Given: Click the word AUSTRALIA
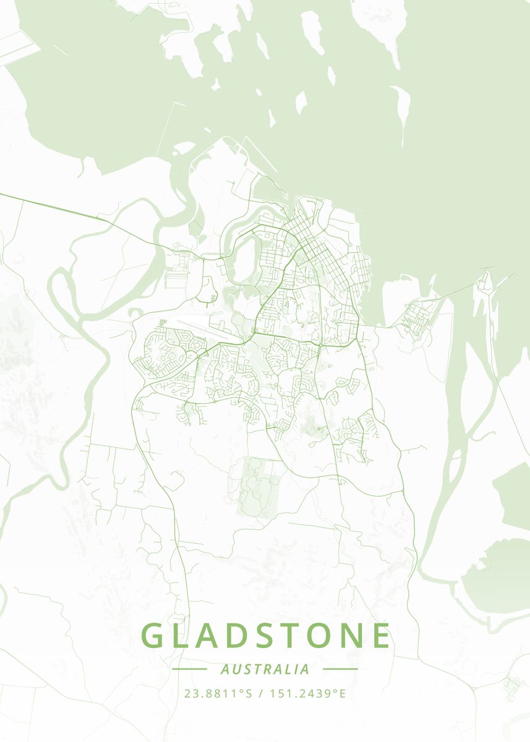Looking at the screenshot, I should click(x=265, y=669).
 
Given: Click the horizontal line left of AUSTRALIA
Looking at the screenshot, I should click(x=189, y=669).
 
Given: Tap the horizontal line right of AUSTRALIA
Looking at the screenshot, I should click(x=340, y=669).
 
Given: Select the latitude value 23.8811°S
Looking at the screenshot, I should click(x=219, y=693).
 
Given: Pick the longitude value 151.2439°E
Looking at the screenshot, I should click(x=309, y=693).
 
